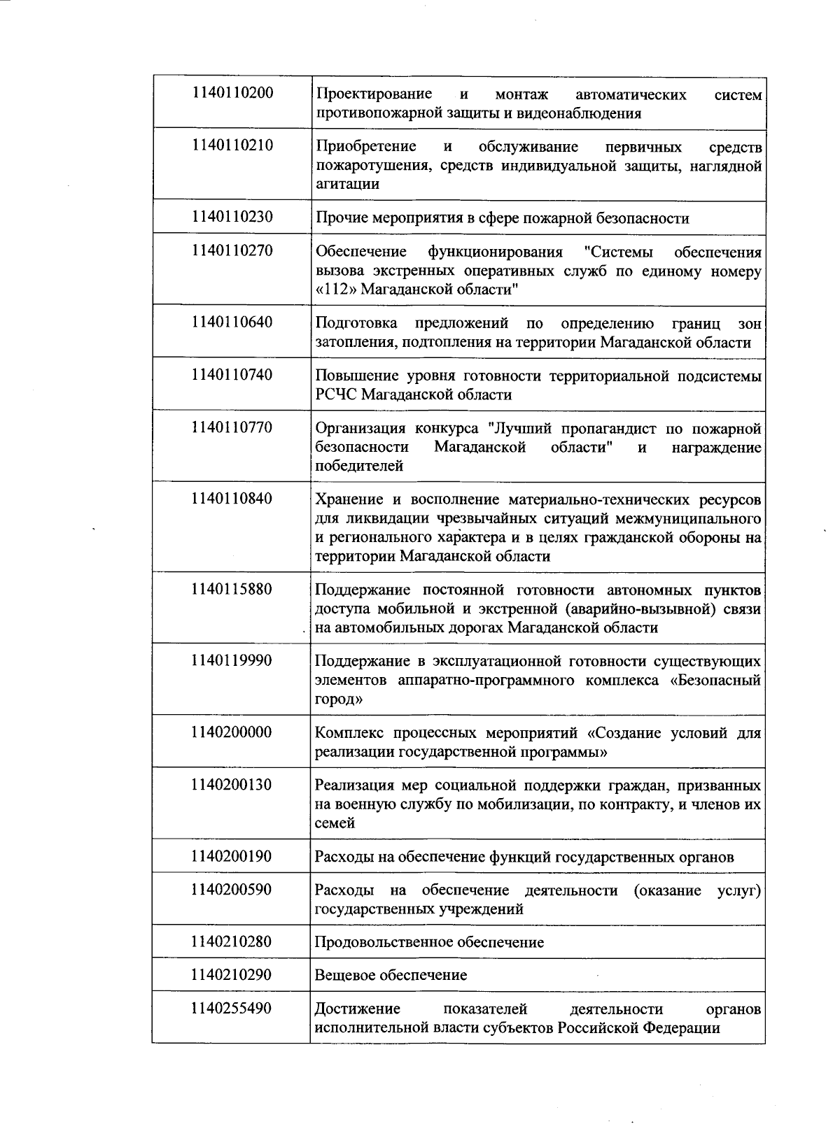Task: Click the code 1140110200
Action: [x=232, y=93]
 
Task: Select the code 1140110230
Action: [x=232, y=217]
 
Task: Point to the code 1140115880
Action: [x=232, y=589]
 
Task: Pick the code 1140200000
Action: [x=232, y=732]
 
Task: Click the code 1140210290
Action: [x=232, y=974]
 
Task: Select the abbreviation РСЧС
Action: [x=337, y=394]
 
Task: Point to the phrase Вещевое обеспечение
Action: [x=391, y=975]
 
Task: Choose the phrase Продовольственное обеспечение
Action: [x=429, y=942]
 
